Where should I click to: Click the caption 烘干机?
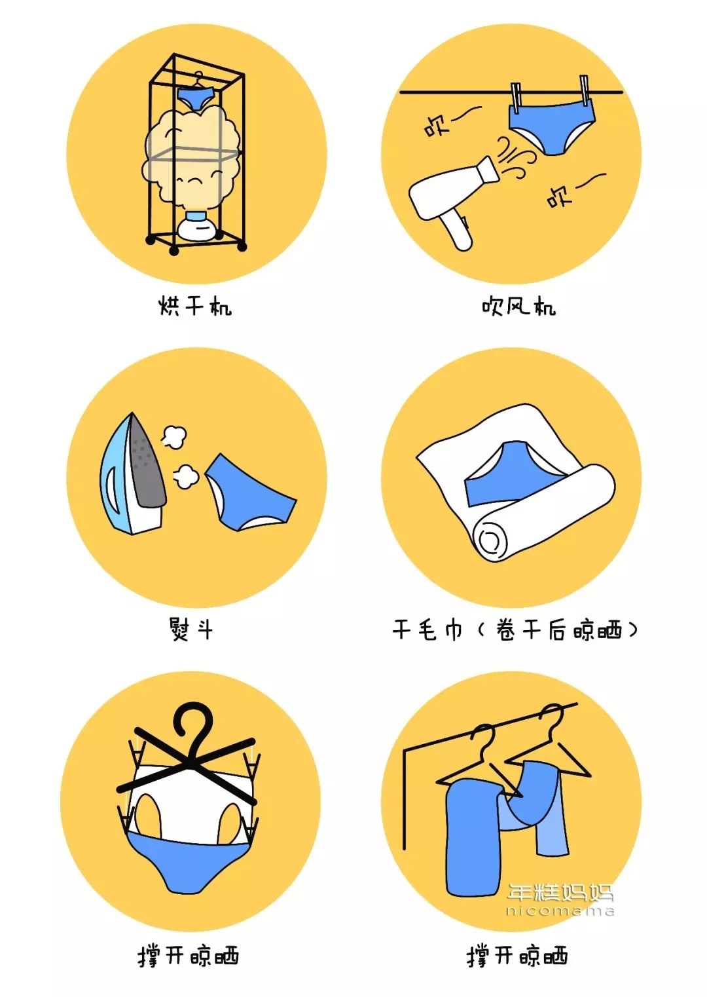click(195, 306)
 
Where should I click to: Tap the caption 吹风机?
click(518, 306)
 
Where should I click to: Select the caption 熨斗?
click(190, 630)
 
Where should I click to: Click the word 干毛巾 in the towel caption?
click(427, 630)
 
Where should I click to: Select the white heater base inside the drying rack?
click(196, 229)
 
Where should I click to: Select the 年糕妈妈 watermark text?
click(560, 892)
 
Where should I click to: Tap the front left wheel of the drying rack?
click(173, 250)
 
